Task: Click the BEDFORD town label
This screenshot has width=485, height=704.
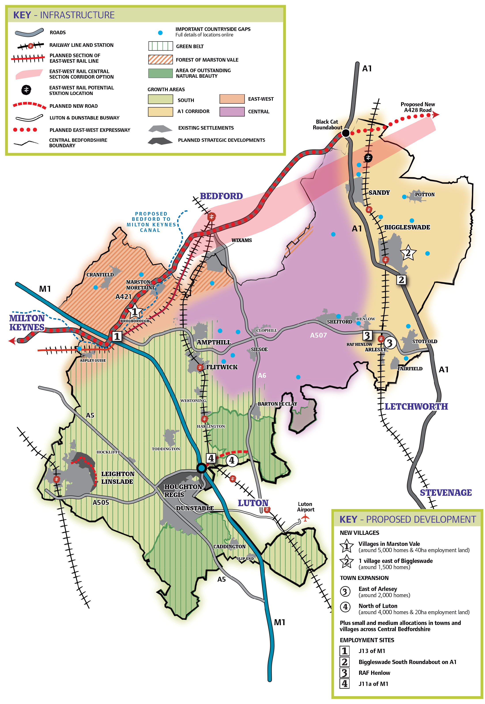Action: [221, 196]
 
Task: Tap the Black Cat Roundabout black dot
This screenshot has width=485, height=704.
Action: [346, 133]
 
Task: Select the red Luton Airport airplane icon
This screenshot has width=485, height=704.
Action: [305, 517]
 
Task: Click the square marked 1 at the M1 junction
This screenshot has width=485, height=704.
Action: [117, 336]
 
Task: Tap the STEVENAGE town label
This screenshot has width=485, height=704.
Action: [445, 492]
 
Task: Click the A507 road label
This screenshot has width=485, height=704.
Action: [318, 335]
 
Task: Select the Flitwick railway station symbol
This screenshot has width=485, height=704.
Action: [200, 367]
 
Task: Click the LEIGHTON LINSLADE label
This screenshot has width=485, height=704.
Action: [117, 477]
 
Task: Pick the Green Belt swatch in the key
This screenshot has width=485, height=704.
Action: [160, 46]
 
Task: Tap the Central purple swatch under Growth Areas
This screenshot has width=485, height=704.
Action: [232, 112]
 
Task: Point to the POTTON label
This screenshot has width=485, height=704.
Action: [425, 195]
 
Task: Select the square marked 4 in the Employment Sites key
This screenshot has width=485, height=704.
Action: [344, 684]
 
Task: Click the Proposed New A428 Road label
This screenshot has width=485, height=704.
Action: [417, 107]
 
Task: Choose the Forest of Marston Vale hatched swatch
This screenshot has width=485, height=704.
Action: [160, 60]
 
